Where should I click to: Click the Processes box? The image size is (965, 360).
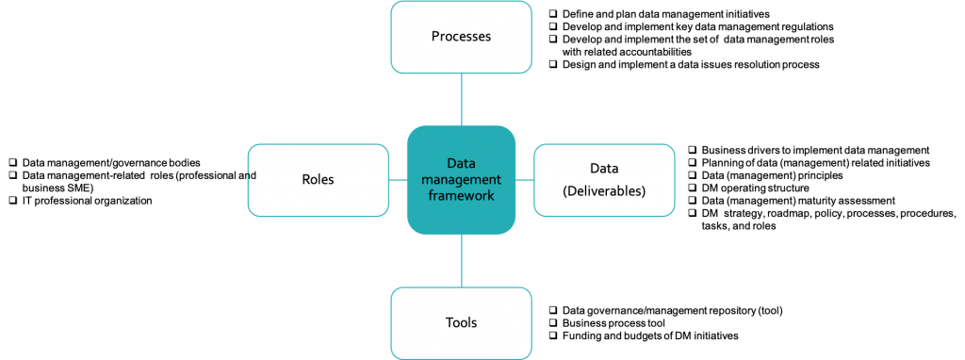(x=461, y=37)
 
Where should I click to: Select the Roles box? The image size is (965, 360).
(x=318, y=180)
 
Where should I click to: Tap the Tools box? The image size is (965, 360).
(x=461, y=322)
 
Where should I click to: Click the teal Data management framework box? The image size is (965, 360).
(x=461, y=180)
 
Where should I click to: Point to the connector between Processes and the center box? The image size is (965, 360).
(x=461, y=99)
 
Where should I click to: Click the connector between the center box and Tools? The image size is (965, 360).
(x=461, y=261)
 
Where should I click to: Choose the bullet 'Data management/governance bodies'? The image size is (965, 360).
(x=111, y=163)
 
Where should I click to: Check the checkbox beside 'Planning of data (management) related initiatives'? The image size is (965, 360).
(x=694, y=163)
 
